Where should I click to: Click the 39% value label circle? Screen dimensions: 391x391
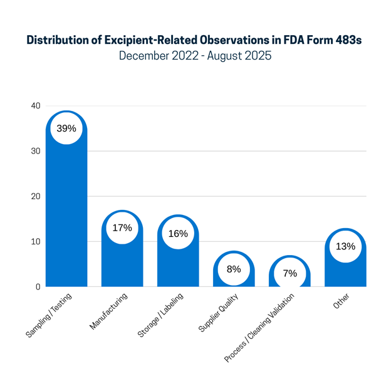tap(66, 128)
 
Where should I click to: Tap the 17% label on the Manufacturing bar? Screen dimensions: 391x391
tap(122, 227)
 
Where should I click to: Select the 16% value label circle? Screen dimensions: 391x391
tap(178, 233)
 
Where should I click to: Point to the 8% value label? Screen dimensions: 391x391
tap(234, 269)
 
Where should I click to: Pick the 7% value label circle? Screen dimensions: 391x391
tap(289, 273)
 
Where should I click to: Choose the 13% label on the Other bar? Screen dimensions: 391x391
tap(345, 246)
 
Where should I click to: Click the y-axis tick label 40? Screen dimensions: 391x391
tap(36, 106)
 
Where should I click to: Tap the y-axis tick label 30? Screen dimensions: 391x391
tap(36, 151)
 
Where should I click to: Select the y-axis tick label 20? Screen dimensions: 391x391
tap(36, 196)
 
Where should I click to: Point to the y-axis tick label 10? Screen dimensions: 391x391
tap(36, 241)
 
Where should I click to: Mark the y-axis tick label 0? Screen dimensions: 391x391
tap(38, 286)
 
